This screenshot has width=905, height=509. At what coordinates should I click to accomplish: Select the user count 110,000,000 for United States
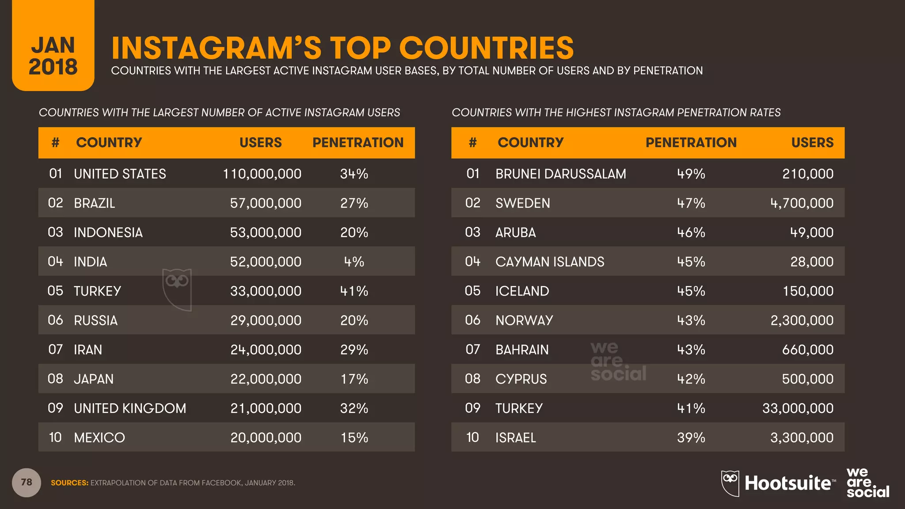262,174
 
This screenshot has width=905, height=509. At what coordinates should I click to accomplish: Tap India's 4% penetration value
354,262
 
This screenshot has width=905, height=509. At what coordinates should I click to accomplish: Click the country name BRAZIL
94,203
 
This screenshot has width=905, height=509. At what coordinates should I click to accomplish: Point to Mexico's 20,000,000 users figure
266,437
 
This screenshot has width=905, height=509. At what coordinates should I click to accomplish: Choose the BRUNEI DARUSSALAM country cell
560,174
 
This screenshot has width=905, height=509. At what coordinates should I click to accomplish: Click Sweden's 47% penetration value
691,203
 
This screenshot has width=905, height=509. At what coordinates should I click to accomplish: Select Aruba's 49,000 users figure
811,232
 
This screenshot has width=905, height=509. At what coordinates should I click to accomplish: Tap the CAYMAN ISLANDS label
549,262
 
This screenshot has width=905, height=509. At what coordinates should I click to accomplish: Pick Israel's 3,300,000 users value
802,437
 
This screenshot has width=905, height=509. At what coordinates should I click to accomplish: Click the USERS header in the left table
260,142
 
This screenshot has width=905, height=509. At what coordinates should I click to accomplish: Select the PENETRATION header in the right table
691,142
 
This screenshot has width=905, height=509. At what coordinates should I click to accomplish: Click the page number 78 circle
27,482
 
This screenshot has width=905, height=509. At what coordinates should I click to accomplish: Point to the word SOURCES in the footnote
69,483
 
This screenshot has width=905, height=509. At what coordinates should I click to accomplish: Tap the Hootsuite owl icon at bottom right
730,483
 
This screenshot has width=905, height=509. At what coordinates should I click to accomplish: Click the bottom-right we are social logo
867,482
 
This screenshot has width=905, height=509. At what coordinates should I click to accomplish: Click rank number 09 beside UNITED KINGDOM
55,408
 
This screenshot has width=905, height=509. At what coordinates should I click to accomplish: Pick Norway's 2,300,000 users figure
802,320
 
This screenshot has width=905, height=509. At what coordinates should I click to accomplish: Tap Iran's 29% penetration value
354,349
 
